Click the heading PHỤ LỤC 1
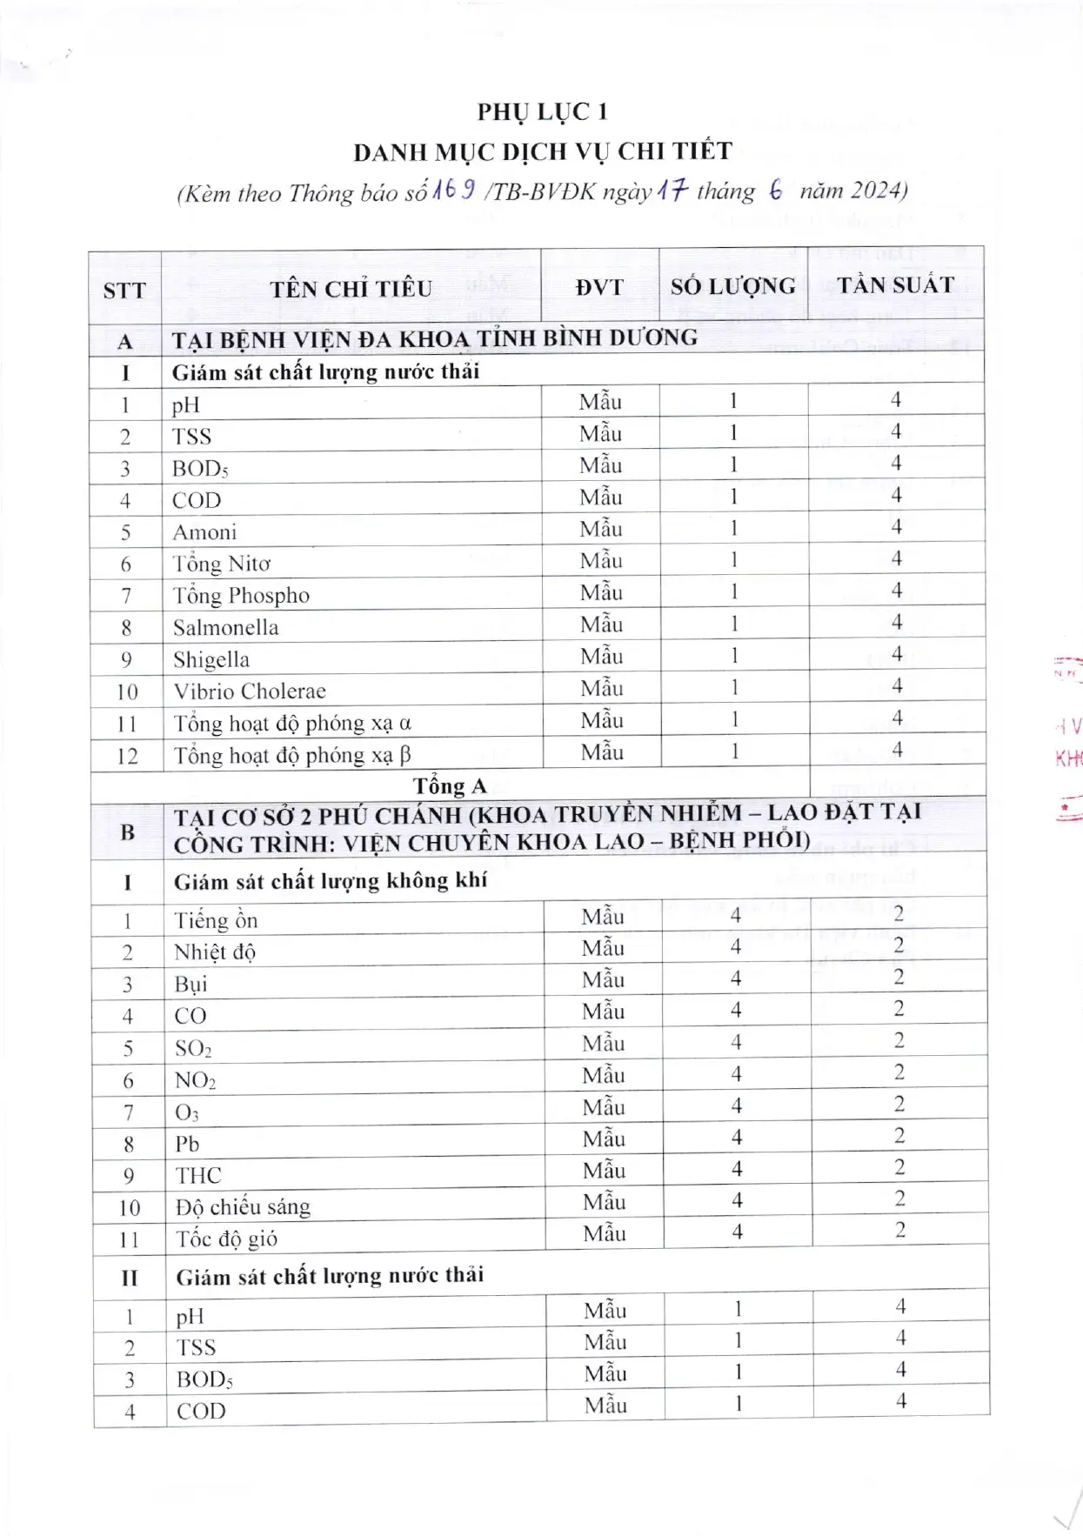pos(542,112)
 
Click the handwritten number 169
pos(453,189)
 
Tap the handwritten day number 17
pos(672,189)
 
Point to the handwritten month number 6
pos(775,190)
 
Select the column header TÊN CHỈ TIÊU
pos(351,289)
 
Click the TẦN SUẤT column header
pos(895,285)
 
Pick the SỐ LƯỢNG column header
pos(732,286)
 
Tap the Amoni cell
pos(204,532)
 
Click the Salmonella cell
pos(226,628)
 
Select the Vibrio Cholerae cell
pos(250,691)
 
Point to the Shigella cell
pos(211,659)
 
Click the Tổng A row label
pos(450,786)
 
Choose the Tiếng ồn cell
pos(216,920)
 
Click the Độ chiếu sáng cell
pos(243,1207)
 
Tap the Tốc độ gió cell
pos(226,1239)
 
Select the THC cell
pos(198,1176)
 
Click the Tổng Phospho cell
pos(241,596)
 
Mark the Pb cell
pos(187,1144)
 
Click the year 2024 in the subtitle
pos(876,190)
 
